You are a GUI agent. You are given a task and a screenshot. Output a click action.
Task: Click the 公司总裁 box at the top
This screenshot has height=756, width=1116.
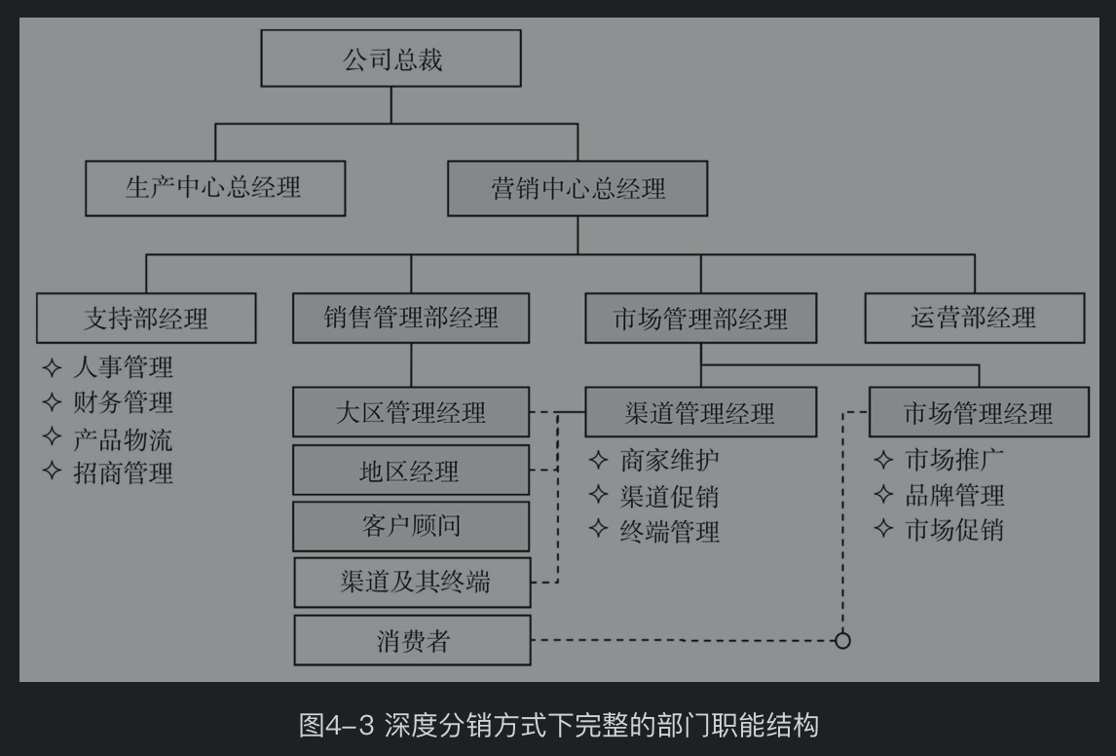coord(391,59)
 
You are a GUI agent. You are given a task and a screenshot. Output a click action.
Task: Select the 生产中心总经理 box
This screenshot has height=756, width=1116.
coord(215,188)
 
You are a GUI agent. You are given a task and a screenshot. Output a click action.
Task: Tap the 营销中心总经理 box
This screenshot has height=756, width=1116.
coord(577,188)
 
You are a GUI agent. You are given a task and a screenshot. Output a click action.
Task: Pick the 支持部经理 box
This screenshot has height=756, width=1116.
coord(146,318)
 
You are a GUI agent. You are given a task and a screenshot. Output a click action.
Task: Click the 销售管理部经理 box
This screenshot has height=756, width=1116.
coord(411,317)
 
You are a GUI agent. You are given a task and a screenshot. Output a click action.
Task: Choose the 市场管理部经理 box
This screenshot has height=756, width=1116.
coord(701,318)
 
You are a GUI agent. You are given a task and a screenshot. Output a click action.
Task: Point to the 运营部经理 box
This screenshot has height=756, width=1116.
coord(975,317)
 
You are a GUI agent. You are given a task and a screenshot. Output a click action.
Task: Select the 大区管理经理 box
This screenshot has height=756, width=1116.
coord(411,412)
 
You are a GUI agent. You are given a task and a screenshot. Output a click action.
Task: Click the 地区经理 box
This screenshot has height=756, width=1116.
coord(411,472)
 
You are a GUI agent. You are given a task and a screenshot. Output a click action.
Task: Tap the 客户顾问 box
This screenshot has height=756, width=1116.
coord(411,526)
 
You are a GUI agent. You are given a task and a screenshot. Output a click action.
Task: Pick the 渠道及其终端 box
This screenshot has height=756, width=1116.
coord(411,583)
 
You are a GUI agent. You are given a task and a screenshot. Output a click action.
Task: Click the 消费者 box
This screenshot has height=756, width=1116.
coord(412,640)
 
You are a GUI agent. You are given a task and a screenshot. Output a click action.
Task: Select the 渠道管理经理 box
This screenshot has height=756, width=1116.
coord(701,412)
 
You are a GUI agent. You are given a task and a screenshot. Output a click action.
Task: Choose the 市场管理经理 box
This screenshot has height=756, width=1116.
coord(979,412)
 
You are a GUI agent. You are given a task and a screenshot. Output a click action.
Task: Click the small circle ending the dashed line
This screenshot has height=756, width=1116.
coord(843,640)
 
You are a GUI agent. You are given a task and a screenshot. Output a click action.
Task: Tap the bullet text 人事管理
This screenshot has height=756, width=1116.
coord(123,367)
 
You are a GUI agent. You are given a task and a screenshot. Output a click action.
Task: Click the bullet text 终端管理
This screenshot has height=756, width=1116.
coord(669,532)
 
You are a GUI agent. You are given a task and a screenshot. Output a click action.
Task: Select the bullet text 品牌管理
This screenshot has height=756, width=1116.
coord(954,495)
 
